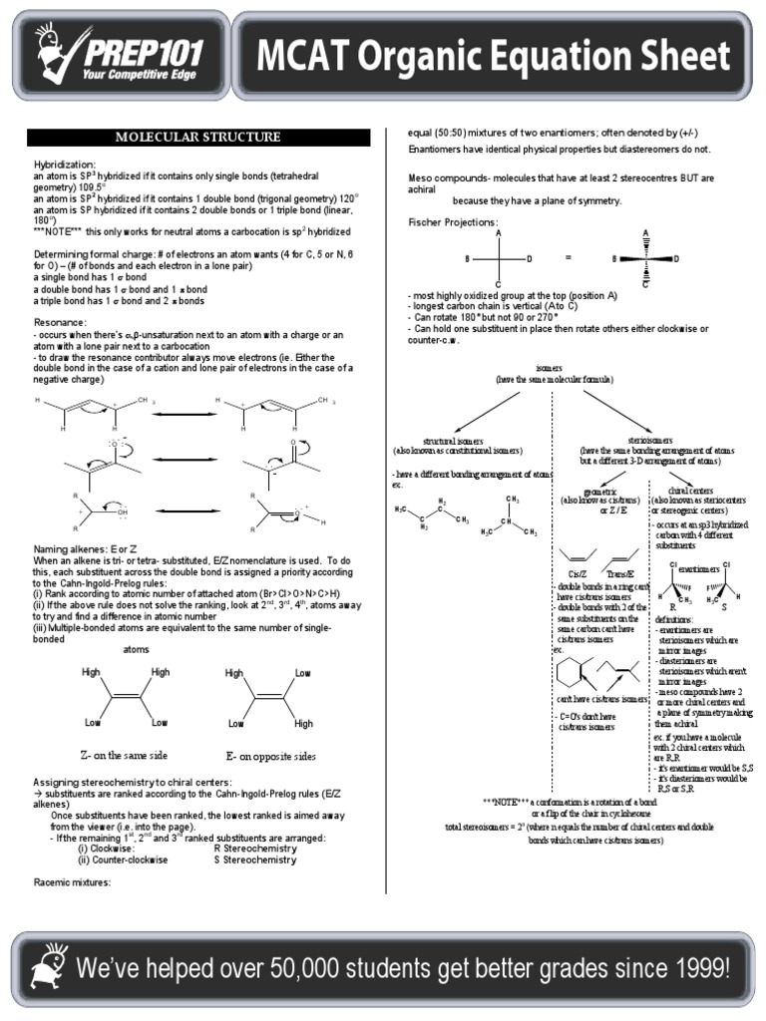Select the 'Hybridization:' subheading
pyautogui.click(x=65, y=164)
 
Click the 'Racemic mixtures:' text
pyautogui.click(x=72, y=882)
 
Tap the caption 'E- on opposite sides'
pyautogui.click(x=271, y=755)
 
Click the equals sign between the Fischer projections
pyautogui.click(x=569, y=257)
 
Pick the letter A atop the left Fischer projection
pyautogui.click(x=498, y=232)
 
